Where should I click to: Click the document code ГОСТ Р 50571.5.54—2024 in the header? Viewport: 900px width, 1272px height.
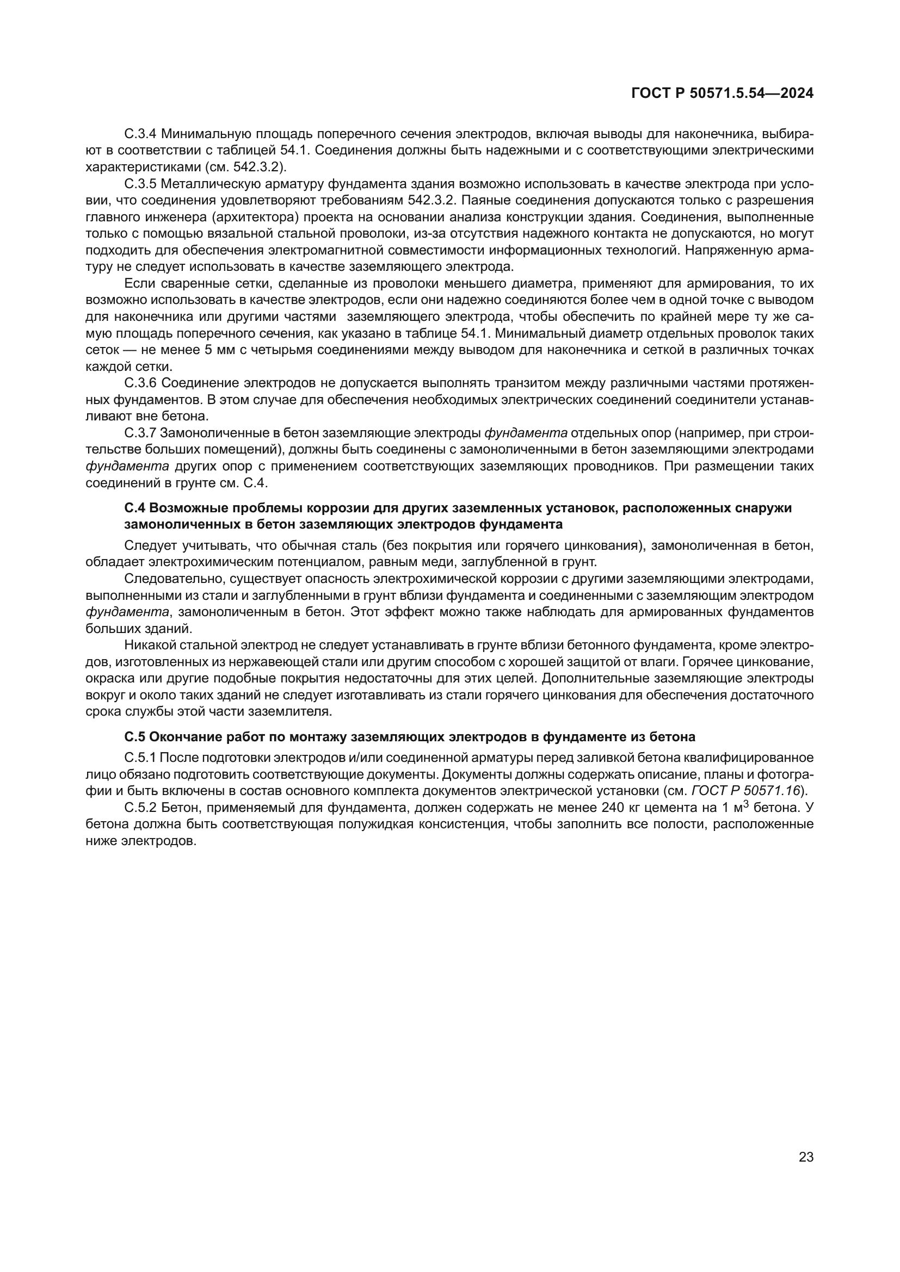722,94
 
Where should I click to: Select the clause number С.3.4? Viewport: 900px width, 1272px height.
141,134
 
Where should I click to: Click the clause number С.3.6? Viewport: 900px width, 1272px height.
141,383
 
